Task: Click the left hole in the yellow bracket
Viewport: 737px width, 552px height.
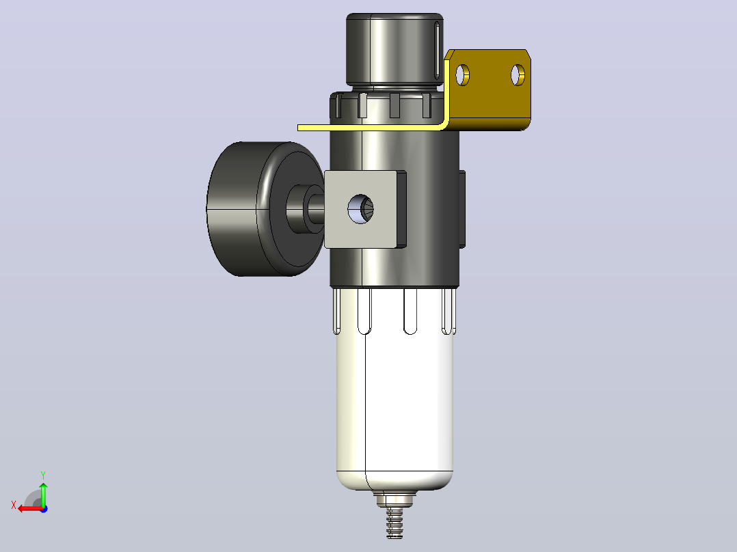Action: tap(462, 75)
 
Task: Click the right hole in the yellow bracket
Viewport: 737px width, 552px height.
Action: tap(518, 75)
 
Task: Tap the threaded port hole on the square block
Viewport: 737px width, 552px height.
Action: tap(360, 208)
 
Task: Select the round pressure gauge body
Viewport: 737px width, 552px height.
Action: tap(265, 209)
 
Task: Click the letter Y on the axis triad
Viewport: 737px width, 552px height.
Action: tap(43, 475)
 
